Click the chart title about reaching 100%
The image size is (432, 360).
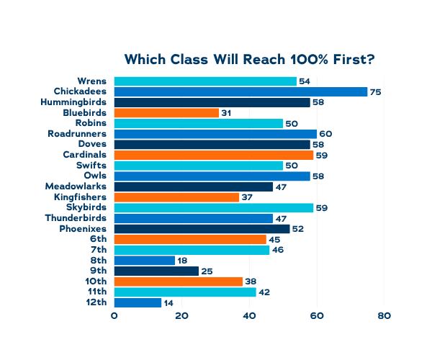[x=250, y=59]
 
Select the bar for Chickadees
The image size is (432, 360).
[x=240, y=92]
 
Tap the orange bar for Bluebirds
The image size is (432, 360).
[x=166, y=113]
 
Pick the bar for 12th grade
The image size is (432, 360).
[x=138, y=302]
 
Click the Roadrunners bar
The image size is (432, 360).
[x=215, y=134]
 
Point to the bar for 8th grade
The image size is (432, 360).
[x=144, y=261]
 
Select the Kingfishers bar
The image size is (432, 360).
[x=176, y=197]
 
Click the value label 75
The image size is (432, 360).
[x=375, y=92]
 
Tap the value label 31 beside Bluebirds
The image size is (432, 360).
[x=226, y=113]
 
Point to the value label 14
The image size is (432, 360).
[x=168, y=302]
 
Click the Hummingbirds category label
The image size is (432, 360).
[x=74, y=102]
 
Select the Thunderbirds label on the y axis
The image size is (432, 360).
[x=76, y=218]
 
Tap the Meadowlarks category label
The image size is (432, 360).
[x=76, y=186]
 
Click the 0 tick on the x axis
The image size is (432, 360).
[x=114, y=316]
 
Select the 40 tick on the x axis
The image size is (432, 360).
[x=249, y=316]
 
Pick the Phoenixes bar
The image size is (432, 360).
[x=202, y=229]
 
